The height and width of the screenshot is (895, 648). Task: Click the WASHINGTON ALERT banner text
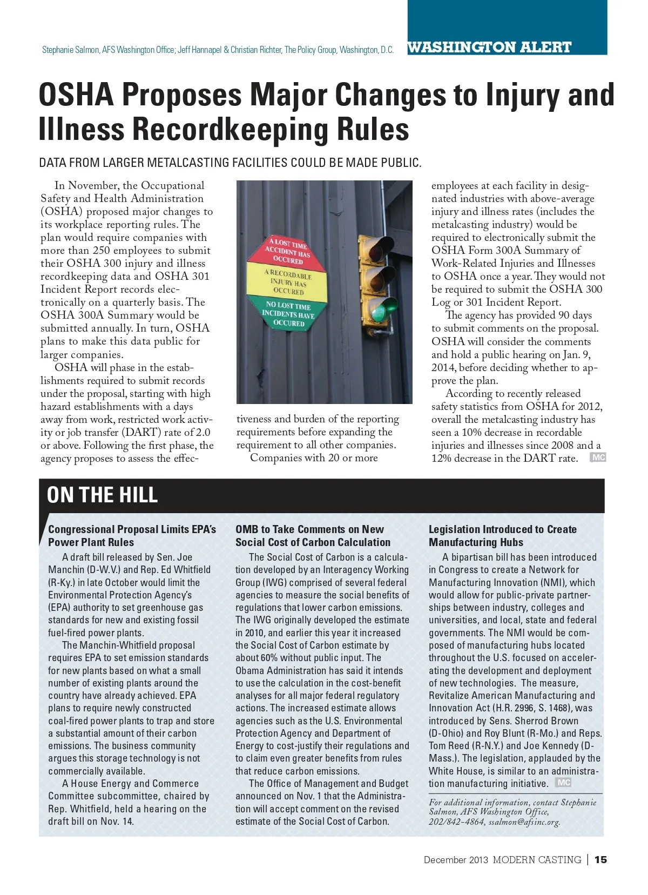coord(489,48)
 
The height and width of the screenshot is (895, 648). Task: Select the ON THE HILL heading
coord(102,495)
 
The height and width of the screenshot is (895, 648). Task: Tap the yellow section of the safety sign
coord(288,282)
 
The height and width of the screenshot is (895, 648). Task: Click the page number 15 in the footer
coord(600,859)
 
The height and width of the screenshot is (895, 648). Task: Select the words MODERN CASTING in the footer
coord(537,859)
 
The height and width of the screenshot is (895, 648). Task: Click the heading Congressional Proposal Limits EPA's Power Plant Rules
coord(132,536)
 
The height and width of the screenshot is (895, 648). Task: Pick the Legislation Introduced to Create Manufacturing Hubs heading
coord(502,536)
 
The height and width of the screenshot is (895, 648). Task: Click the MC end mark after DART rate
coord(598,457)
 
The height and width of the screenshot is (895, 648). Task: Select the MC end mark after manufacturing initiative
coord(563,783)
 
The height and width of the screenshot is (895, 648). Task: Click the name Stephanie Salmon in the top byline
coord(71,50)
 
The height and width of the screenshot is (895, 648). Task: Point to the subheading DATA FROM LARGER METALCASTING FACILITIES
coord(230,162)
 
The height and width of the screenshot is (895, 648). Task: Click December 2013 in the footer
coord(456,859)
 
